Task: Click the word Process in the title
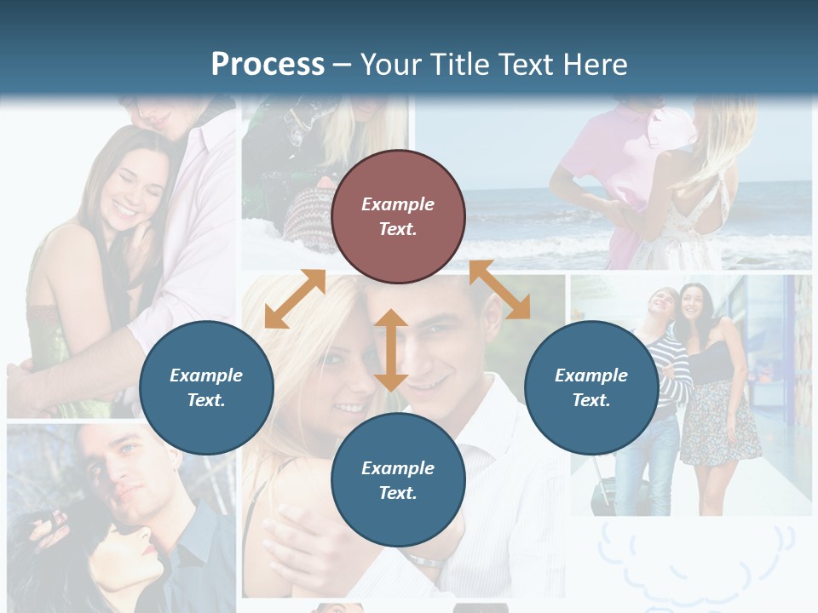pos(268,65)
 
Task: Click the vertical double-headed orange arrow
pos(390,350)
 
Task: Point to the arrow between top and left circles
pos(295,298)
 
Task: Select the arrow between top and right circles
pos(499,290)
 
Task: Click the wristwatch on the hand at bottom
pos(423,560)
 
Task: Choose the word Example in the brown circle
pos(398,204)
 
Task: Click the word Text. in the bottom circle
pos(398,493)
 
